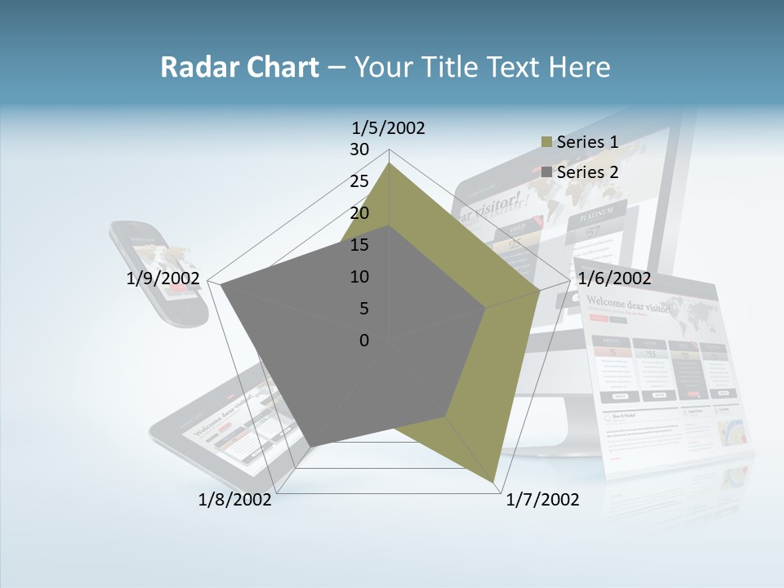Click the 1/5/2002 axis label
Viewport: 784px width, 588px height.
(x=388, y=128)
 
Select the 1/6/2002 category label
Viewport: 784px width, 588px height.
(x=614, y=278)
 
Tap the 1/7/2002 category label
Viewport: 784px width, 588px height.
(x=542, y=500)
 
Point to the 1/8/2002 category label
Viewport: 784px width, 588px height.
(x=235, y=500)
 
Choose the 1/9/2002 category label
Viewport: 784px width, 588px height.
(x=163, y=278)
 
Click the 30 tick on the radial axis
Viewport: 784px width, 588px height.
(x=359, y=149)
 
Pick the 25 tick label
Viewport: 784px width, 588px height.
(x=359, y=181)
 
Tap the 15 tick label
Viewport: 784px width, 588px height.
(x=359, y=245)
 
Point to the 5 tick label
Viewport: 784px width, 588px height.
(x=364, y=309)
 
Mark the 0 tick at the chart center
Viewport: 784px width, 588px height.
(x=364, y=341)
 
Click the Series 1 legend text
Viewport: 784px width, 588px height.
(x=587, y=142)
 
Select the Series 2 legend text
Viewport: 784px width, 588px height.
(x=587, y=172)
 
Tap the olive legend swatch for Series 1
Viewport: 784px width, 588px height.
(x=546, y=143)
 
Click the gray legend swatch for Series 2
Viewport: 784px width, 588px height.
(x=546, y=172)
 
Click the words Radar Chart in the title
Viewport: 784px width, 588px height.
(x=239, y=67)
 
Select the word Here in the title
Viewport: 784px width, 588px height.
(x=579, y=67)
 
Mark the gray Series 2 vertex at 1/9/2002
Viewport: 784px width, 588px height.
(x=222, y=287)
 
